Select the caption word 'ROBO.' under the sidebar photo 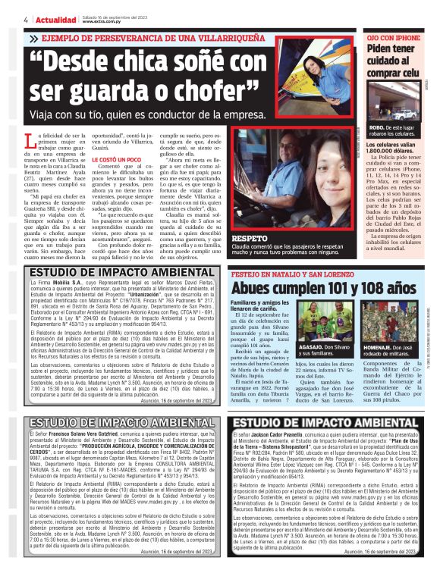coord(377,129)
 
